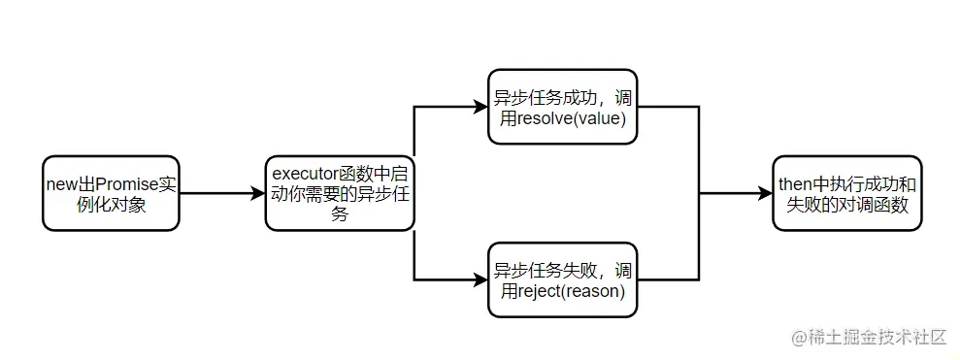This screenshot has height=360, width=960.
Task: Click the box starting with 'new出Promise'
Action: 110,192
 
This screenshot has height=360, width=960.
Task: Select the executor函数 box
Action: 340,192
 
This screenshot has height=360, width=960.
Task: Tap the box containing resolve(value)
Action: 562,107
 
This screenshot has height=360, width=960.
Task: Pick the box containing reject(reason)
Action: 562,279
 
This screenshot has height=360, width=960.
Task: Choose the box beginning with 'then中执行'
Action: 847,192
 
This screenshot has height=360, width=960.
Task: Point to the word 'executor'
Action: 304,175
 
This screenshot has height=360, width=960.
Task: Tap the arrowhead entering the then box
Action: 767,192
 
